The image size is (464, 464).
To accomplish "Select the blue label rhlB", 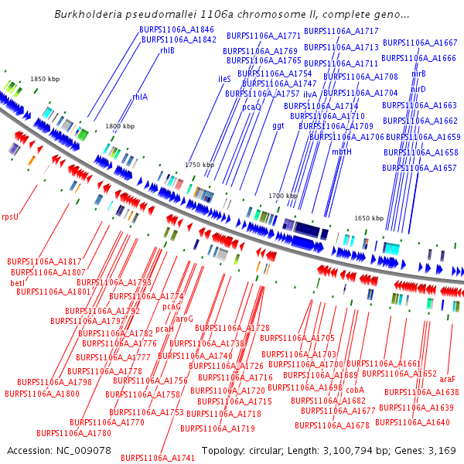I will (167, 50).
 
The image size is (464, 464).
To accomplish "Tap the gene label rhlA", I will (140, 97).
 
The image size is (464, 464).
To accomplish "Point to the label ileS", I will (224, 79).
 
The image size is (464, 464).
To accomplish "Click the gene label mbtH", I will (342, 152).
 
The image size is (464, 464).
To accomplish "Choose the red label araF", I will (447, 380).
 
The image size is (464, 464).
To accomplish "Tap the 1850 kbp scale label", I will (44, 80).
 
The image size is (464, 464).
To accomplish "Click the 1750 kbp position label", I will (198, 165).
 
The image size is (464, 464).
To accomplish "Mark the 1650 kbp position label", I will (369, 219).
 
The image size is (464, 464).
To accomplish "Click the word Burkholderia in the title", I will (91, 15).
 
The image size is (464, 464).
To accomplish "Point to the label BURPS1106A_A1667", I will (420, 43).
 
